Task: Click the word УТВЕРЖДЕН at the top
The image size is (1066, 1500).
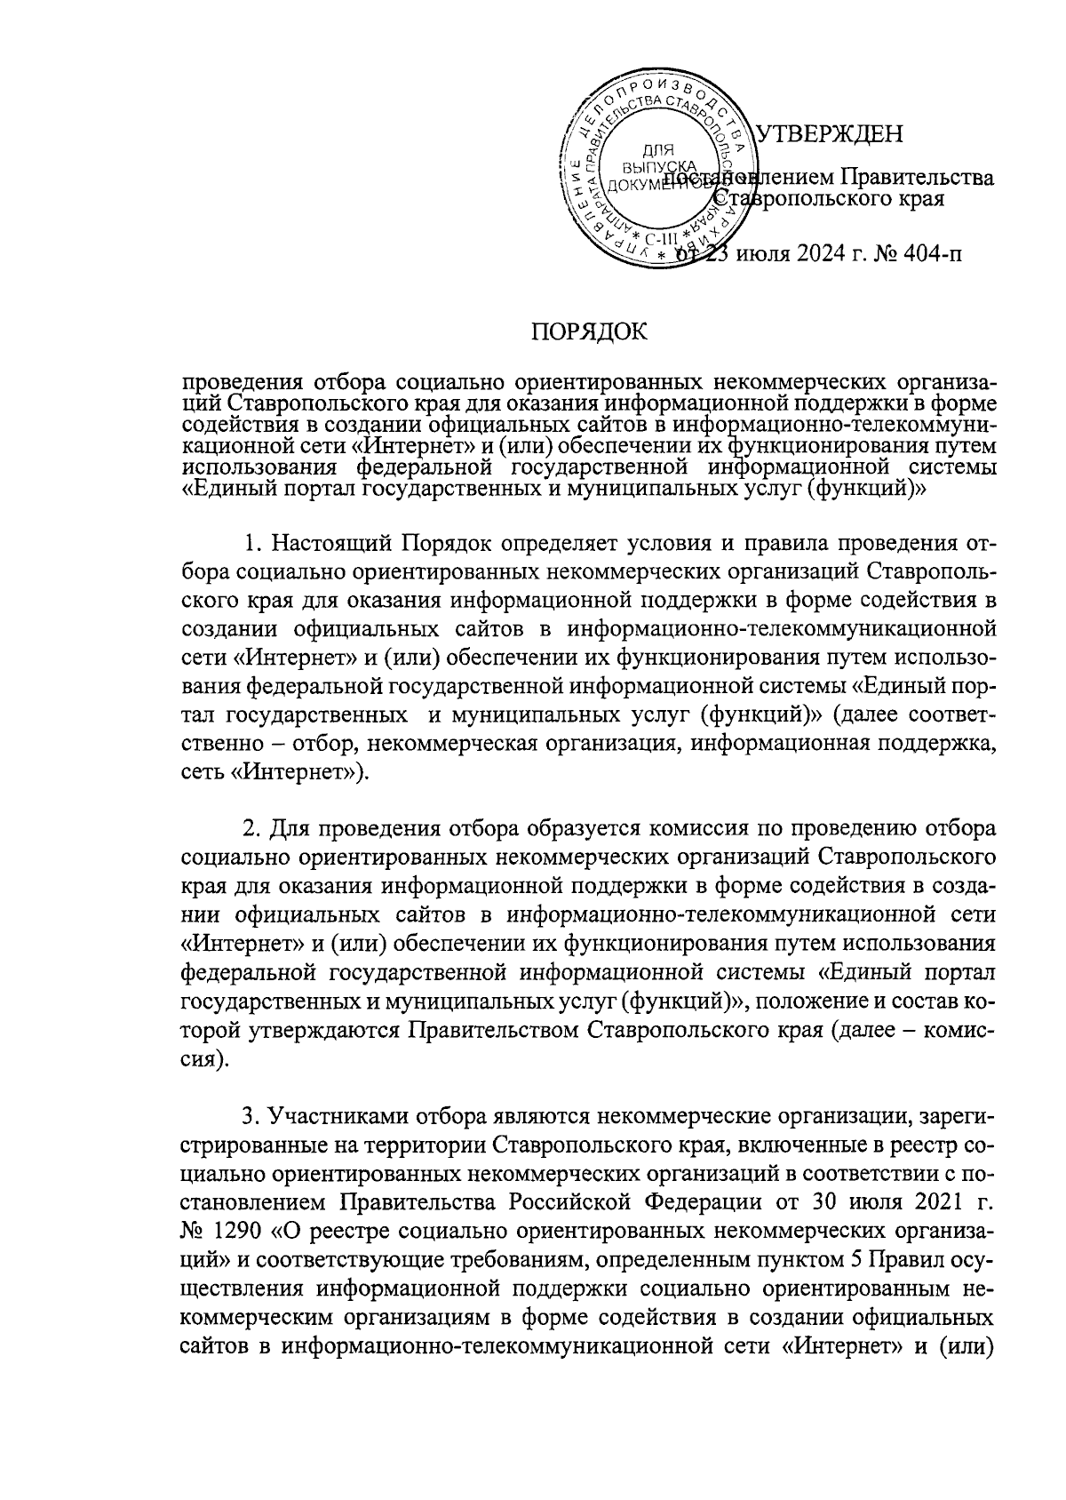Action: click(828, 135)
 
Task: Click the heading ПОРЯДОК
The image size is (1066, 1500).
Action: click(589, 333)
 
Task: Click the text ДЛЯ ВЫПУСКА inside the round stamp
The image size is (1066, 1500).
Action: click(658, 160)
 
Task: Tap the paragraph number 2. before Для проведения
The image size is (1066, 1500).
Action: click(253, 830)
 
